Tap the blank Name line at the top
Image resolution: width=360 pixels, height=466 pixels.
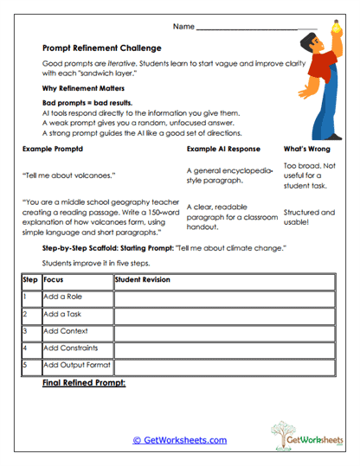[257, 28]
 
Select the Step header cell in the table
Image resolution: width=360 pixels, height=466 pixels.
[30, 279]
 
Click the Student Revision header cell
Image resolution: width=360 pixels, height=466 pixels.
[144, 279]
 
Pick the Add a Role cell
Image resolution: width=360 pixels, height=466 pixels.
[63, 297]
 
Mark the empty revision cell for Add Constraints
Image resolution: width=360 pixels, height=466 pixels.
[223, 348]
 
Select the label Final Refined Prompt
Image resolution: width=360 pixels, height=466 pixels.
[84, 381]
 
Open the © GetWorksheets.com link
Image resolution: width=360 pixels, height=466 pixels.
[180, 440]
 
